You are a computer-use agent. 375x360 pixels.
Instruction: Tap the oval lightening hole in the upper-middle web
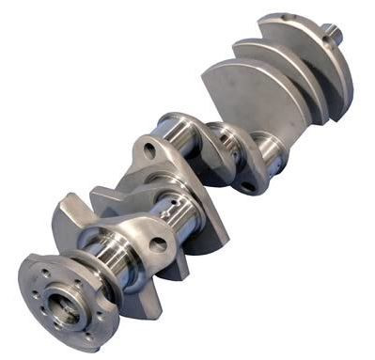(148, 149)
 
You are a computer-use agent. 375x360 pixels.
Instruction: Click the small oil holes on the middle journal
(170, 209)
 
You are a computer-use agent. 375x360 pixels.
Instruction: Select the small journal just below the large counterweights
(268, 150)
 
